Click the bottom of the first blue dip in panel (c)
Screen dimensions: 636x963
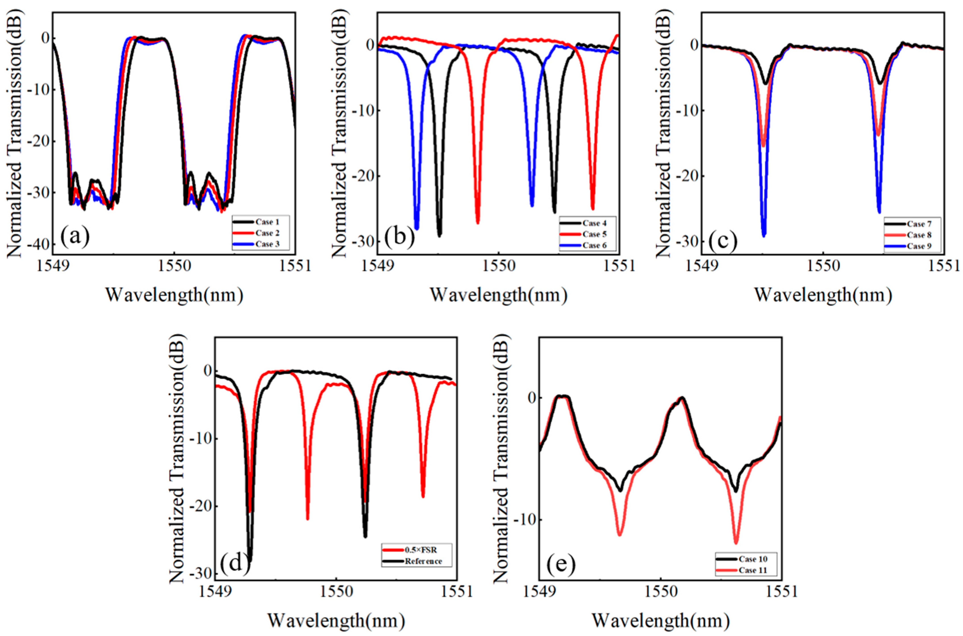(764, 236)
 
